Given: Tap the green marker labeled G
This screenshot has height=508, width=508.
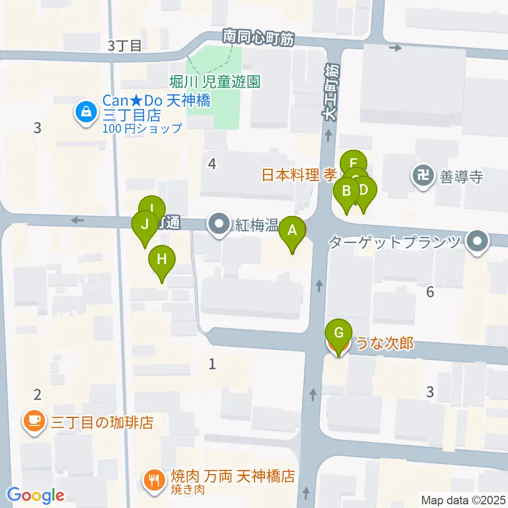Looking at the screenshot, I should tap(339, 333).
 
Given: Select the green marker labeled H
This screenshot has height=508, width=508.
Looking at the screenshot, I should tap(162, 260).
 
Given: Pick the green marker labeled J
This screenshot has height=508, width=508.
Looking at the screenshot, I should tap(144, 224).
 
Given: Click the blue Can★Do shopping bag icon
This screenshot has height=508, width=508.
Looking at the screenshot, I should tap(85, 111).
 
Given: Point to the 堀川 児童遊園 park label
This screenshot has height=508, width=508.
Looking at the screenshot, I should tap(215, 81).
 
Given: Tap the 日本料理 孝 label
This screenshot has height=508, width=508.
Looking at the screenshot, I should tap(300, 175).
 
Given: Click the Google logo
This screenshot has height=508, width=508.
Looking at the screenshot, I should tap(35, 495).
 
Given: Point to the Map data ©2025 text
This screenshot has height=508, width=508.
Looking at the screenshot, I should tap(463, 500).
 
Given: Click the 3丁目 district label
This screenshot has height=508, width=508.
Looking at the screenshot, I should tap(125, 46).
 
